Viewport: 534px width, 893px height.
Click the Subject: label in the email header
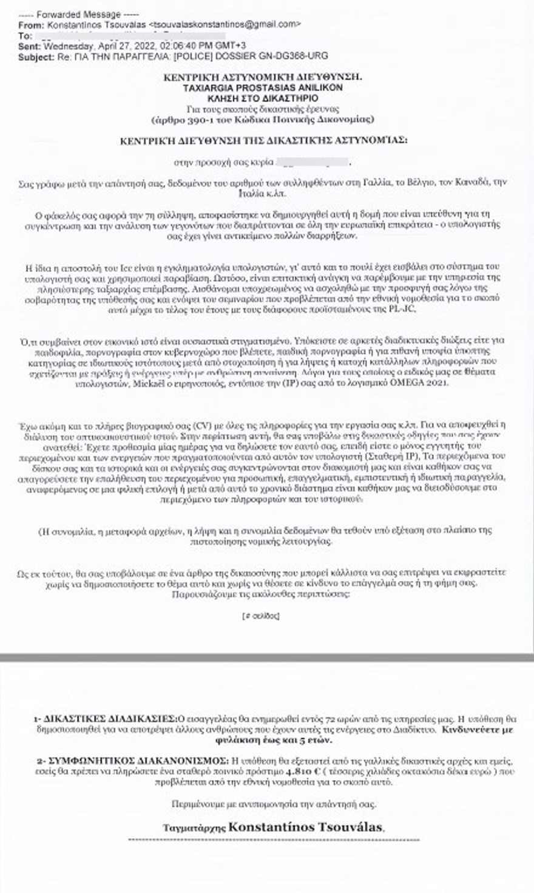point(36,56)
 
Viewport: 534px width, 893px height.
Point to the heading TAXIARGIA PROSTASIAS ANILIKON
point(263,87)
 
